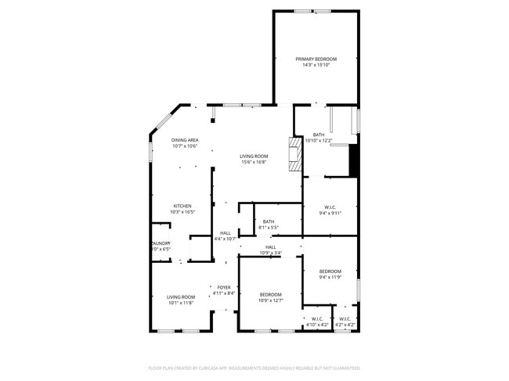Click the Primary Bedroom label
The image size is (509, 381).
(316, 59)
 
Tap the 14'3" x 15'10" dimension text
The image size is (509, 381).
(316, 65)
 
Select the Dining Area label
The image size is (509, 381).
(185, 140)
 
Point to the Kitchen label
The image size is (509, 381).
(182, 207)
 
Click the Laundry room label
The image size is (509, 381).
(161, 243)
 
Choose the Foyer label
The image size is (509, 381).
(224, 288)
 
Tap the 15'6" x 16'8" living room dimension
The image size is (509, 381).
(253, 162)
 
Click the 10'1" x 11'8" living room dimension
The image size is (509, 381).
(181, 303)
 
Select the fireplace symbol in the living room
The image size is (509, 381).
(294, 154)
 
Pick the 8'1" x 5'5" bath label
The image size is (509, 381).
(269, 228)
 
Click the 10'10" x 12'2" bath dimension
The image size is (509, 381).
(318, 140)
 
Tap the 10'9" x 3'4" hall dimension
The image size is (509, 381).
(270, 253)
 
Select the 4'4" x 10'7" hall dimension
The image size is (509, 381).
(226, 238)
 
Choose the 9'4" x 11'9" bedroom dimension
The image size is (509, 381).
(330, 277)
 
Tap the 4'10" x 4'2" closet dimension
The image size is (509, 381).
(317, 325)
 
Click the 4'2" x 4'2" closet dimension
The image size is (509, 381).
(345, 325)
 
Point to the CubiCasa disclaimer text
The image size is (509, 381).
(254, 368)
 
